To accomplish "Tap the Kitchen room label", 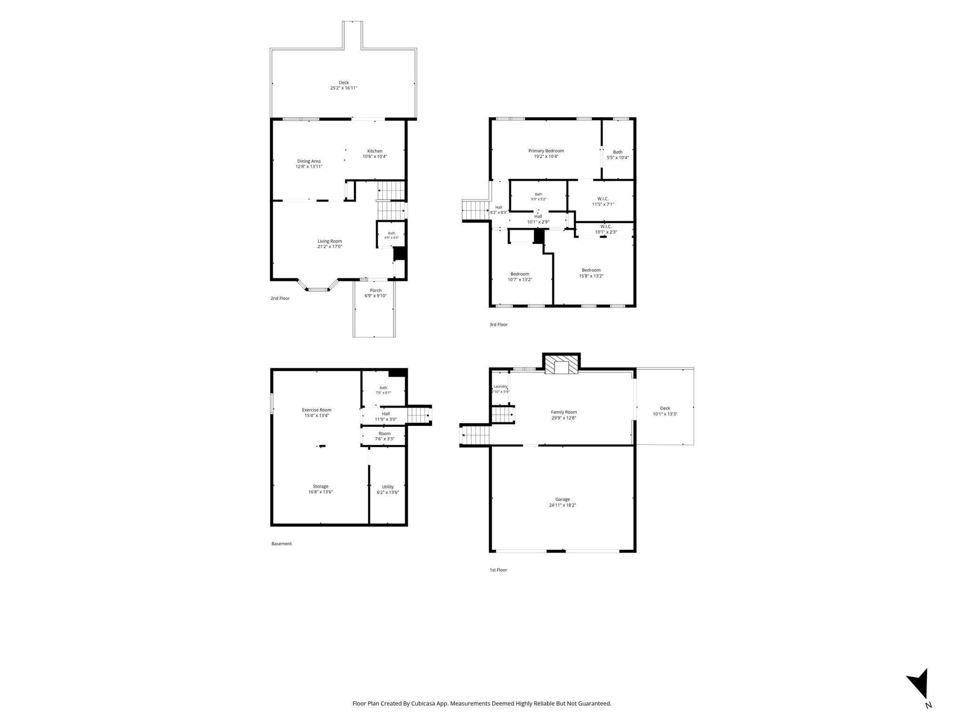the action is [x=375, y=151].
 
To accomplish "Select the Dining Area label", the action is [x=309, y=161].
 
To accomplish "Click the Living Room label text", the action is [x=329, y=241].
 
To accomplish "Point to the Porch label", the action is [x=376, y=290].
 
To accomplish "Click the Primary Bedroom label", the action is [x=546, y=151].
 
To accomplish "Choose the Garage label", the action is [x=562, y=499].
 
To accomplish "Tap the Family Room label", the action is [x=564, y=412].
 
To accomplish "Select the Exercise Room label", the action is [x=317, y=410].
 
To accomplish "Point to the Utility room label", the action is [x=388, y=487].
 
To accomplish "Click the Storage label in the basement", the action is [x=321, y=486].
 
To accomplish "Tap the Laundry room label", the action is [x=500, y=386].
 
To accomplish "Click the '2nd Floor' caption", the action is [x=280, y=298].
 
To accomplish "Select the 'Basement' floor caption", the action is [x=281, y=544].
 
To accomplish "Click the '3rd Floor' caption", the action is [x=498, y=325].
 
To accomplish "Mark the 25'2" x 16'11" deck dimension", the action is [x=344, y=88].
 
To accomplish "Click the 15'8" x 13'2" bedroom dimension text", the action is [x=591, y=276].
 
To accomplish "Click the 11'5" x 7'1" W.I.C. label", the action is [x=603, y=204].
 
